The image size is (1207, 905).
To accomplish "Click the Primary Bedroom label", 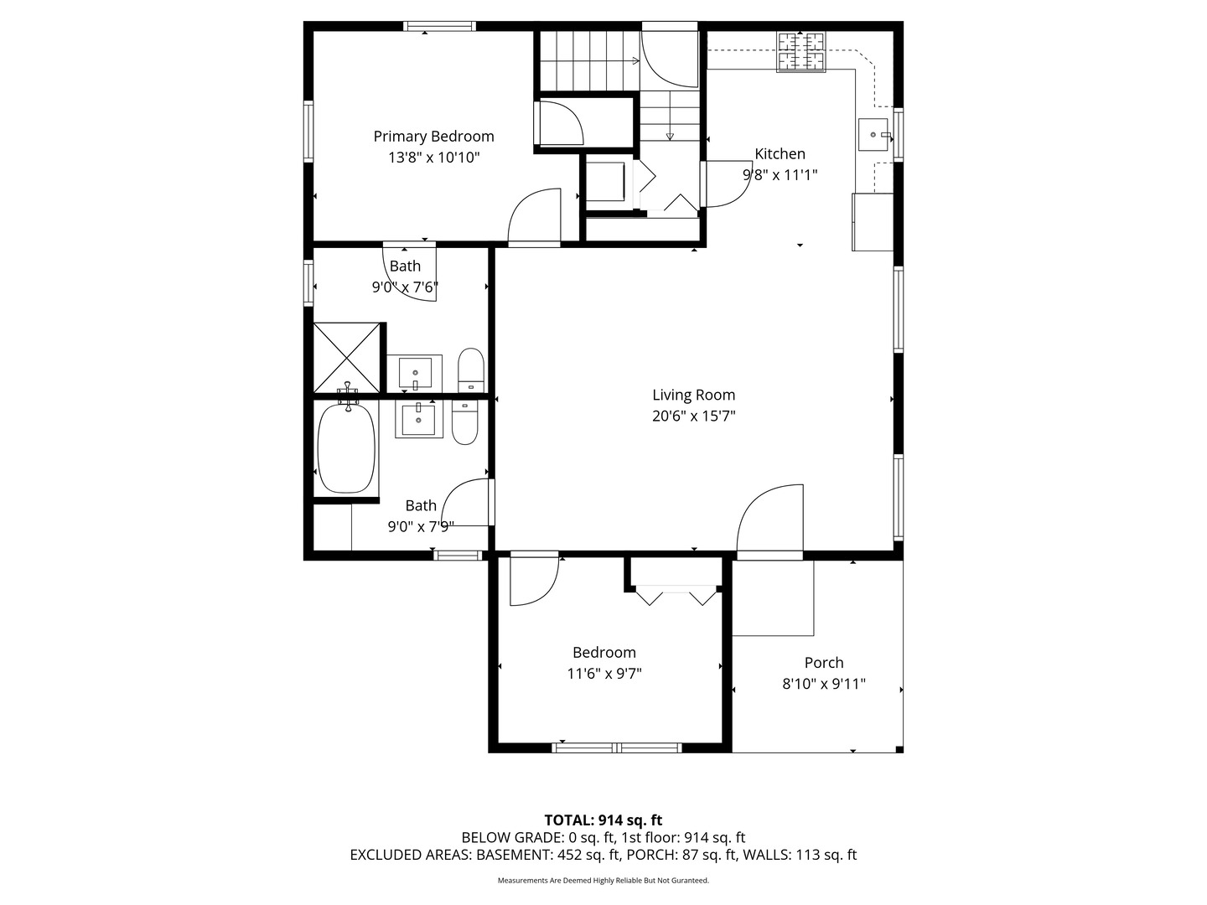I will pyautogui.click(x=433, y=137).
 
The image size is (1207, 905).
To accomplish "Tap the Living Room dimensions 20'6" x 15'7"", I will pyautogui.click(x=693, y=416).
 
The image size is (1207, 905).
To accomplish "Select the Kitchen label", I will pyautogui.click(x=780, y=153).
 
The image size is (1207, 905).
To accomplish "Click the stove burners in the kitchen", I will pyautogui.click(x=800, y=52).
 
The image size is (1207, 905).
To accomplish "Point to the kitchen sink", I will pyautogui.click(x=873, y=135).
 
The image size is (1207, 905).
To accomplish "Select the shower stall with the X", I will pyautogui.click(x=346, y=358).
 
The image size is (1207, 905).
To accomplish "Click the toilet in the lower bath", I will pyautogui.click(x=464, y=421).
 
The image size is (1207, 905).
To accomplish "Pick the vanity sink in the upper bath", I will pyautogui.click(x=415, y=371).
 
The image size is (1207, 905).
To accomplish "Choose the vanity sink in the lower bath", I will pyautogui.click(x=418, y=419).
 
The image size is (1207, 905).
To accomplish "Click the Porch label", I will pyautogui.click(x=824, y=663).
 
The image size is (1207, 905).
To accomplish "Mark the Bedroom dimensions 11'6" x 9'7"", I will pyautogui.click(x=604, y=674).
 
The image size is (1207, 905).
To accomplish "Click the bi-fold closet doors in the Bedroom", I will pyautogui.click(x=676, y=595).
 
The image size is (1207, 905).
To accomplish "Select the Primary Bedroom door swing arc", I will pyautogui.click(x=534, y=215).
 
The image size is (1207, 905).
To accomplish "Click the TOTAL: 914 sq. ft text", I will pyautogui.click(x=603, y=820).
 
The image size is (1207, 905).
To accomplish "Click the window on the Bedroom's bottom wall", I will pyautogui.click(x=616, y=747).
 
